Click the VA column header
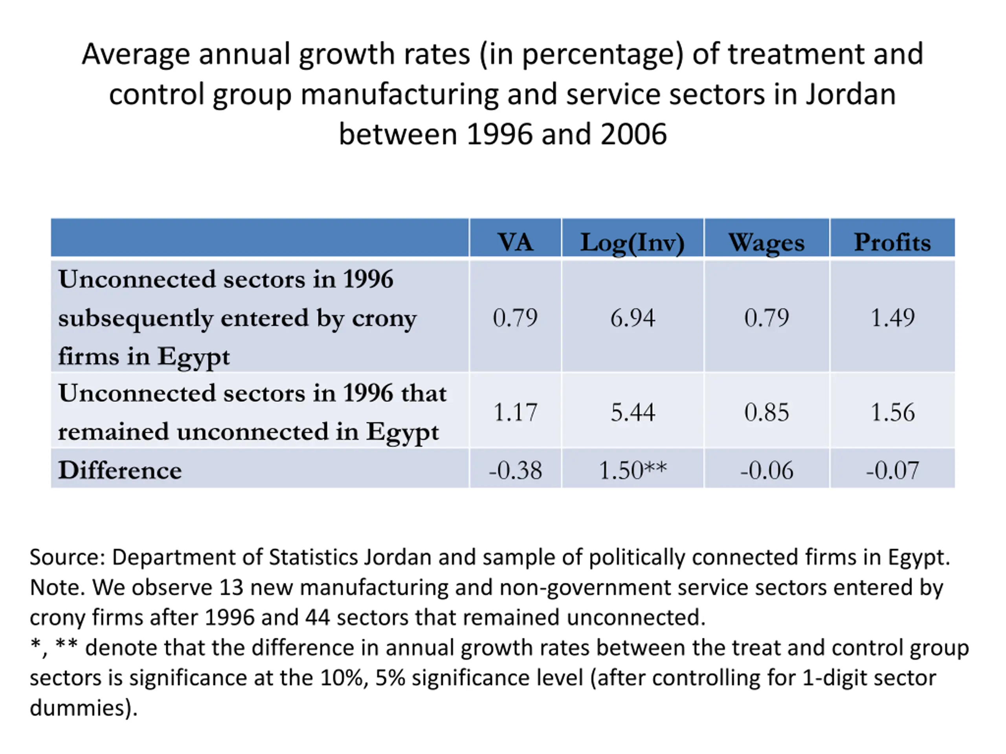(x=515, y=242)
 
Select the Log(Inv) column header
(x=632, y=243)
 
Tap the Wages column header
(x=766, y=243)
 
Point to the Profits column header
(x=892, y=242)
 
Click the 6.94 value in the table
(x=632, y=317)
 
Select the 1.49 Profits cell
(x=892, y=317)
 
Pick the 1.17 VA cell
(x=515, y=412)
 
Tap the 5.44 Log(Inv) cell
(x=632, y=412)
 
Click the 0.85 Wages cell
(x=766, y=412)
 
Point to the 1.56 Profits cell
(x=892, y=412)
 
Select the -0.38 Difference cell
(x=515, y=470)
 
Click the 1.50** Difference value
(x=632, y=470)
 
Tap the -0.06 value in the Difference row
(x=766, y=470)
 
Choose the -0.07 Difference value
(x=892, y=470)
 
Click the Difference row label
(x=119, y=470)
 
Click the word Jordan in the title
(x=850, y=94)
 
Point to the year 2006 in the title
(x=633, y=135)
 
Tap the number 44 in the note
(x=317, y=617)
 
